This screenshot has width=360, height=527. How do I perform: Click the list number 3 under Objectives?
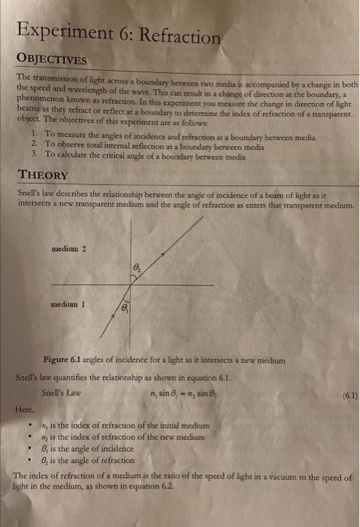click(35, 154)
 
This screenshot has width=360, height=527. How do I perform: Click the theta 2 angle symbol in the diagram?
click(136, 267)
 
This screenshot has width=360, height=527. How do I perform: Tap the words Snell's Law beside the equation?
click(62, 392)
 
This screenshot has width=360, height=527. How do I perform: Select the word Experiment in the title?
click(63, 33)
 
